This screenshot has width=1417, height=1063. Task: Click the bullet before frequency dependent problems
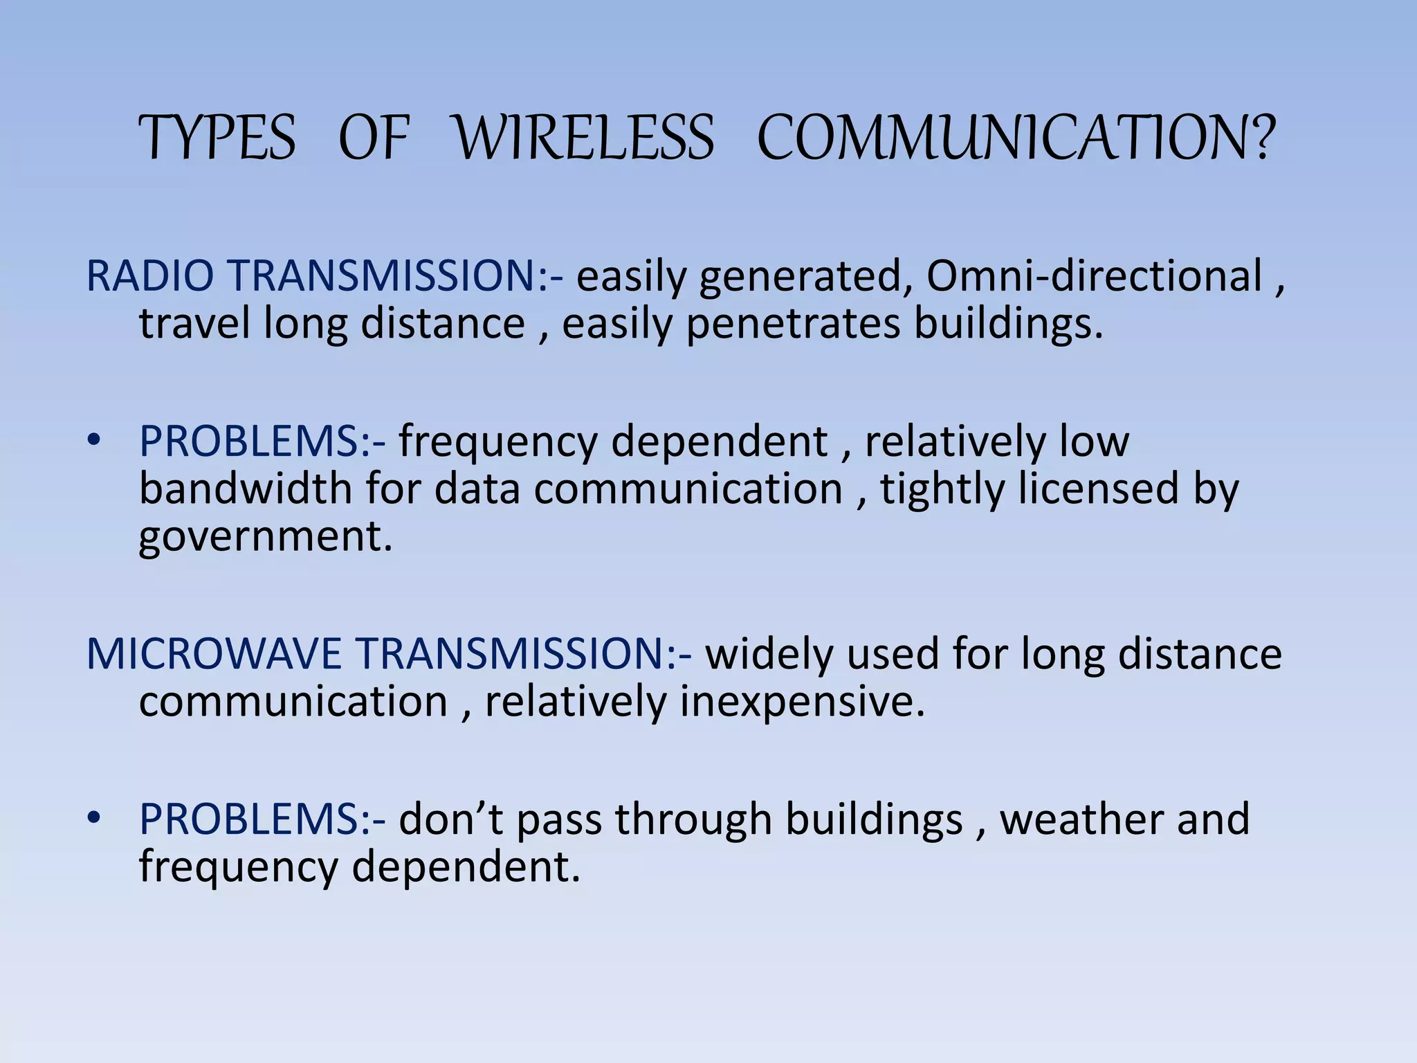click(94, 440)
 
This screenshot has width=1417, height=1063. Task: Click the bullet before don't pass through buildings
click(94, 818)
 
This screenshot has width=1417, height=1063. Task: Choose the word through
click(693, 820)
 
